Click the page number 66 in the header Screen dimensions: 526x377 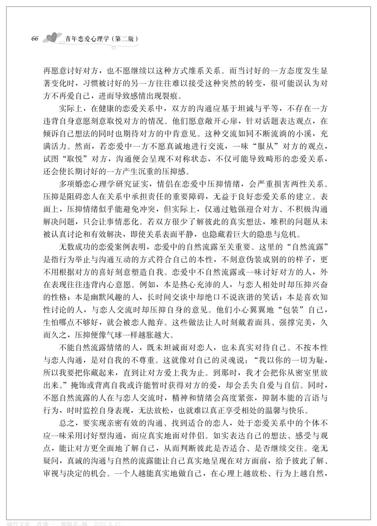(35, 38)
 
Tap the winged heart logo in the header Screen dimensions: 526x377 (52, 38)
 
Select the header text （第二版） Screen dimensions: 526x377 (124, 39)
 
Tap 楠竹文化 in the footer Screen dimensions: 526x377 (20, 523)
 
